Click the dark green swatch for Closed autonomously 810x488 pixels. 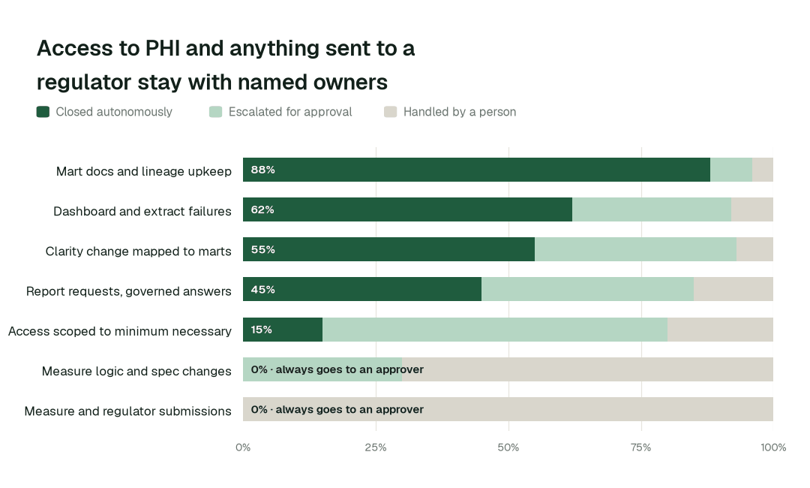tap(43, 112)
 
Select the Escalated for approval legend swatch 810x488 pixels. tap(215, 112)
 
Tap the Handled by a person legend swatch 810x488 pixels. tap(391, 112)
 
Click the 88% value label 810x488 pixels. tap(263, 170)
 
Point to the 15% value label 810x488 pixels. tap(262, 330)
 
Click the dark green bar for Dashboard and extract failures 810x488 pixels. tap(407, 209)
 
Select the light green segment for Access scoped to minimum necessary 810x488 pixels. tap(495, 330)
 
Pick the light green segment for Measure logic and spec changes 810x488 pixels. tap(322, 369)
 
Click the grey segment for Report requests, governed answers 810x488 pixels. tap(733, 289)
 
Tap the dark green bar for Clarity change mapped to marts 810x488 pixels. tap(389, 249)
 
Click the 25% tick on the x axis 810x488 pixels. tap(376, 447)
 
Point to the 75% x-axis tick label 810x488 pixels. tap(641, 447)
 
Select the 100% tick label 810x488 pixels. tap(773, 447)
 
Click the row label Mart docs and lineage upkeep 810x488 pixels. tap(143, 171)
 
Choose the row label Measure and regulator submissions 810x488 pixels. tap(127, 411)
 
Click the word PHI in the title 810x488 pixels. tap(162, 48)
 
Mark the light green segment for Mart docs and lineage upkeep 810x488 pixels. tap(731, 170)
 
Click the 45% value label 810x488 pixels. tap(263, 290)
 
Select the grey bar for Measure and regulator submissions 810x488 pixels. tap(508, 409)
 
